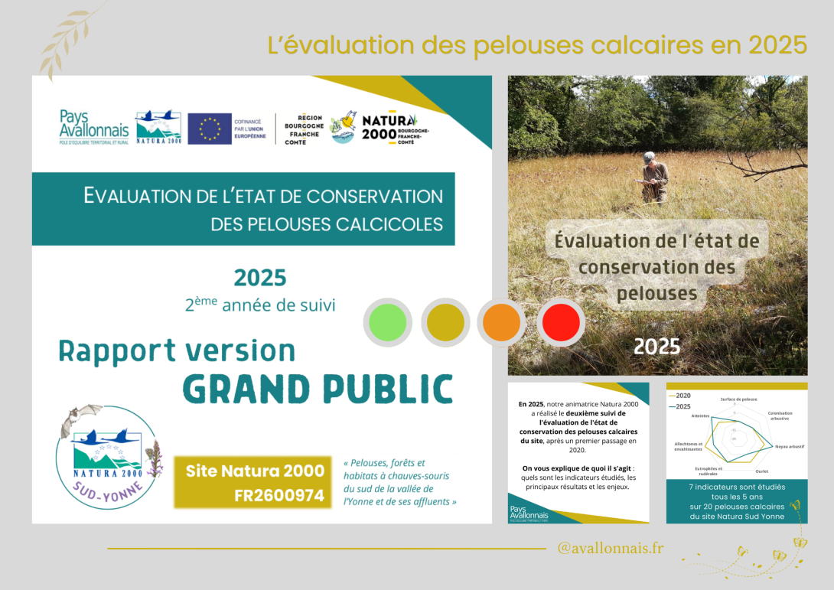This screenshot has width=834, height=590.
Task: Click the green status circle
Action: pyautogui.click(x=388, y=322)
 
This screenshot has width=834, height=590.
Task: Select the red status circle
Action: pyautogui.click(x=561, y=322)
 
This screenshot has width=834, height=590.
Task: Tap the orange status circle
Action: pyautogui.click(x=502, y=322)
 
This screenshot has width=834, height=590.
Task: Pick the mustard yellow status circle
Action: pyautogui.click(x=445, y=322)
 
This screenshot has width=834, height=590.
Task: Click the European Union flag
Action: pyautogui.click(x=209, y=129)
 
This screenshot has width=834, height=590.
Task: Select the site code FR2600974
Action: pyautogui.click(x=279, y=495)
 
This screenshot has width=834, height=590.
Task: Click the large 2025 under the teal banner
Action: pyautogui.click(x=260, y=277)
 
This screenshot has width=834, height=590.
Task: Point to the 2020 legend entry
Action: pyautogui.click(x=682, y=395)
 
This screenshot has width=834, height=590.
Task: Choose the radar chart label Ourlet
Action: pyautogui.click(x=761, y=471)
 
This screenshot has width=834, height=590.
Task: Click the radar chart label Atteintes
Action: pyautogui.click(x=700, y=416)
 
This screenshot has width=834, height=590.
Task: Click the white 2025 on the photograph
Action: pyautogui.click(x=656, y=347)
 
